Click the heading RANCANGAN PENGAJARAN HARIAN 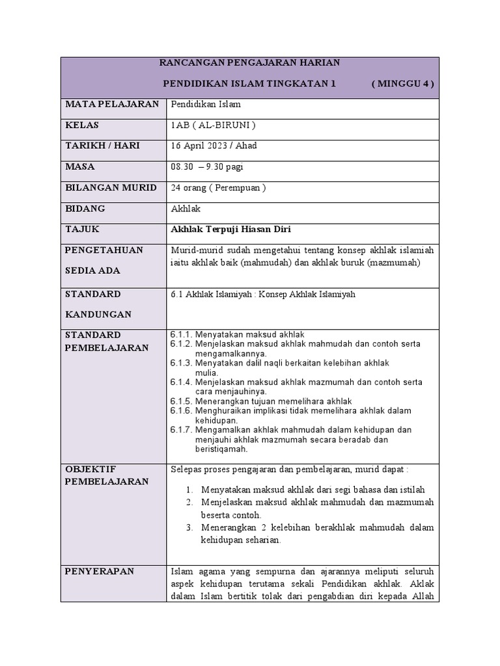pyautogui.click(x=249, y=62)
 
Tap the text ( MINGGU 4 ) pyautogui.click(x=402, y=84)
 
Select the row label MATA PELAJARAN pyautogui.click(x=111, y=104)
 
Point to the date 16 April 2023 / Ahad pyautogui.click(x=214, y=146)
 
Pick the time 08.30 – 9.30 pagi pyautogui.click(x=207, y=166)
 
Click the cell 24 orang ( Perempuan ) pyautogui.click(x=218, y=187)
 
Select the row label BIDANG pyautogui.click(x=85, y=209)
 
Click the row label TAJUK pyautogui.click(x=82, y=230)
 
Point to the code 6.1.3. pyautogui.click(x=181, y=363)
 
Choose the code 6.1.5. pyautogui.click(x=181, y=401)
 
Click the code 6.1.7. pyautogui.click(x=181, y=430)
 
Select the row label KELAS pyautogui.click(x=82, y=125)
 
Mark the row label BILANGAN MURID pyautogui.click(x=111, y=187)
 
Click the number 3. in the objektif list pyautogui.click(x=189, y=527)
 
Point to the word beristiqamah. pyautogui.click(x=221, y=449)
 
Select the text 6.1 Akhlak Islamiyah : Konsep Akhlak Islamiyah pyautogui.click(x=263, y=294)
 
